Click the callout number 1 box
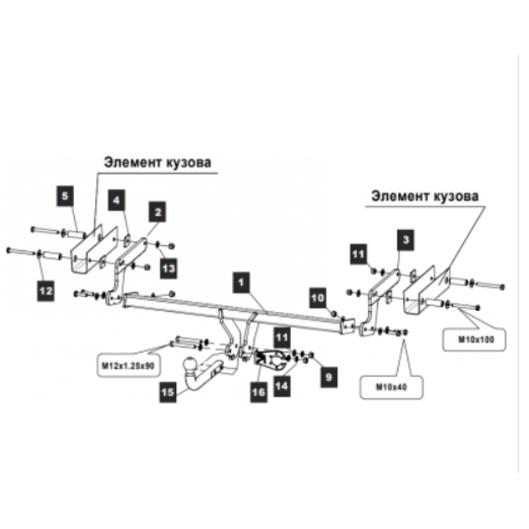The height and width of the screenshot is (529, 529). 241,282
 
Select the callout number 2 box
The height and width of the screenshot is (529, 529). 158,212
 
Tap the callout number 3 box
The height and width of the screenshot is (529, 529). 406,240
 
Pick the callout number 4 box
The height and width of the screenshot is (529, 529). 116,200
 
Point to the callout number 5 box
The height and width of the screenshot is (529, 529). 65,196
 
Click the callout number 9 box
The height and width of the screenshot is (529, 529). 329,377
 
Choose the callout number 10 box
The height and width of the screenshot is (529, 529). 318,298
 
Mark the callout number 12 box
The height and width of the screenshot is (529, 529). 45,290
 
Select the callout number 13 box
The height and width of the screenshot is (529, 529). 168,268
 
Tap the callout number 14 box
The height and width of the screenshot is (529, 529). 282,386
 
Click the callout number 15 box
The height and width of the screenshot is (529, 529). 168,392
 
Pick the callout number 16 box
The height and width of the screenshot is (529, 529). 259,392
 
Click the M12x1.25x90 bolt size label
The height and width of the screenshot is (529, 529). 128,366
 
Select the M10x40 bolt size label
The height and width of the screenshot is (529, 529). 391,387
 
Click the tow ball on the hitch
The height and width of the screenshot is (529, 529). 189,366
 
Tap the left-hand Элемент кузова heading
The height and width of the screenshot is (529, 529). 158,162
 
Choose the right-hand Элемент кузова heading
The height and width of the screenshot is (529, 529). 425,196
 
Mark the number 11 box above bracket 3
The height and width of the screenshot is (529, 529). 359,254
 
